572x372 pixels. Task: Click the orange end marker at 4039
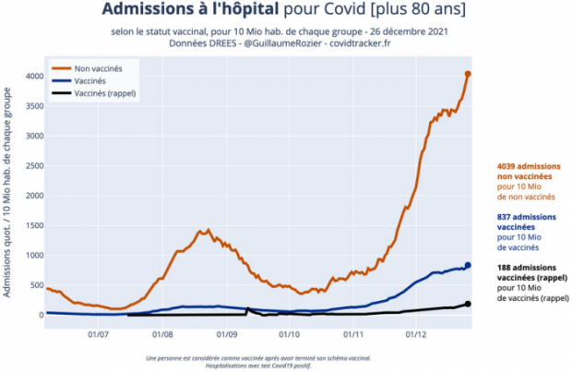click(x=468, y=74)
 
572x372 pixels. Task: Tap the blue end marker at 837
click(x=468, y=265)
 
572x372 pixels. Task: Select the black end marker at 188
click(x=468, y=304)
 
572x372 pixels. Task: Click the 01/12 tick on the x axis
click(x=416, y=331)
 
